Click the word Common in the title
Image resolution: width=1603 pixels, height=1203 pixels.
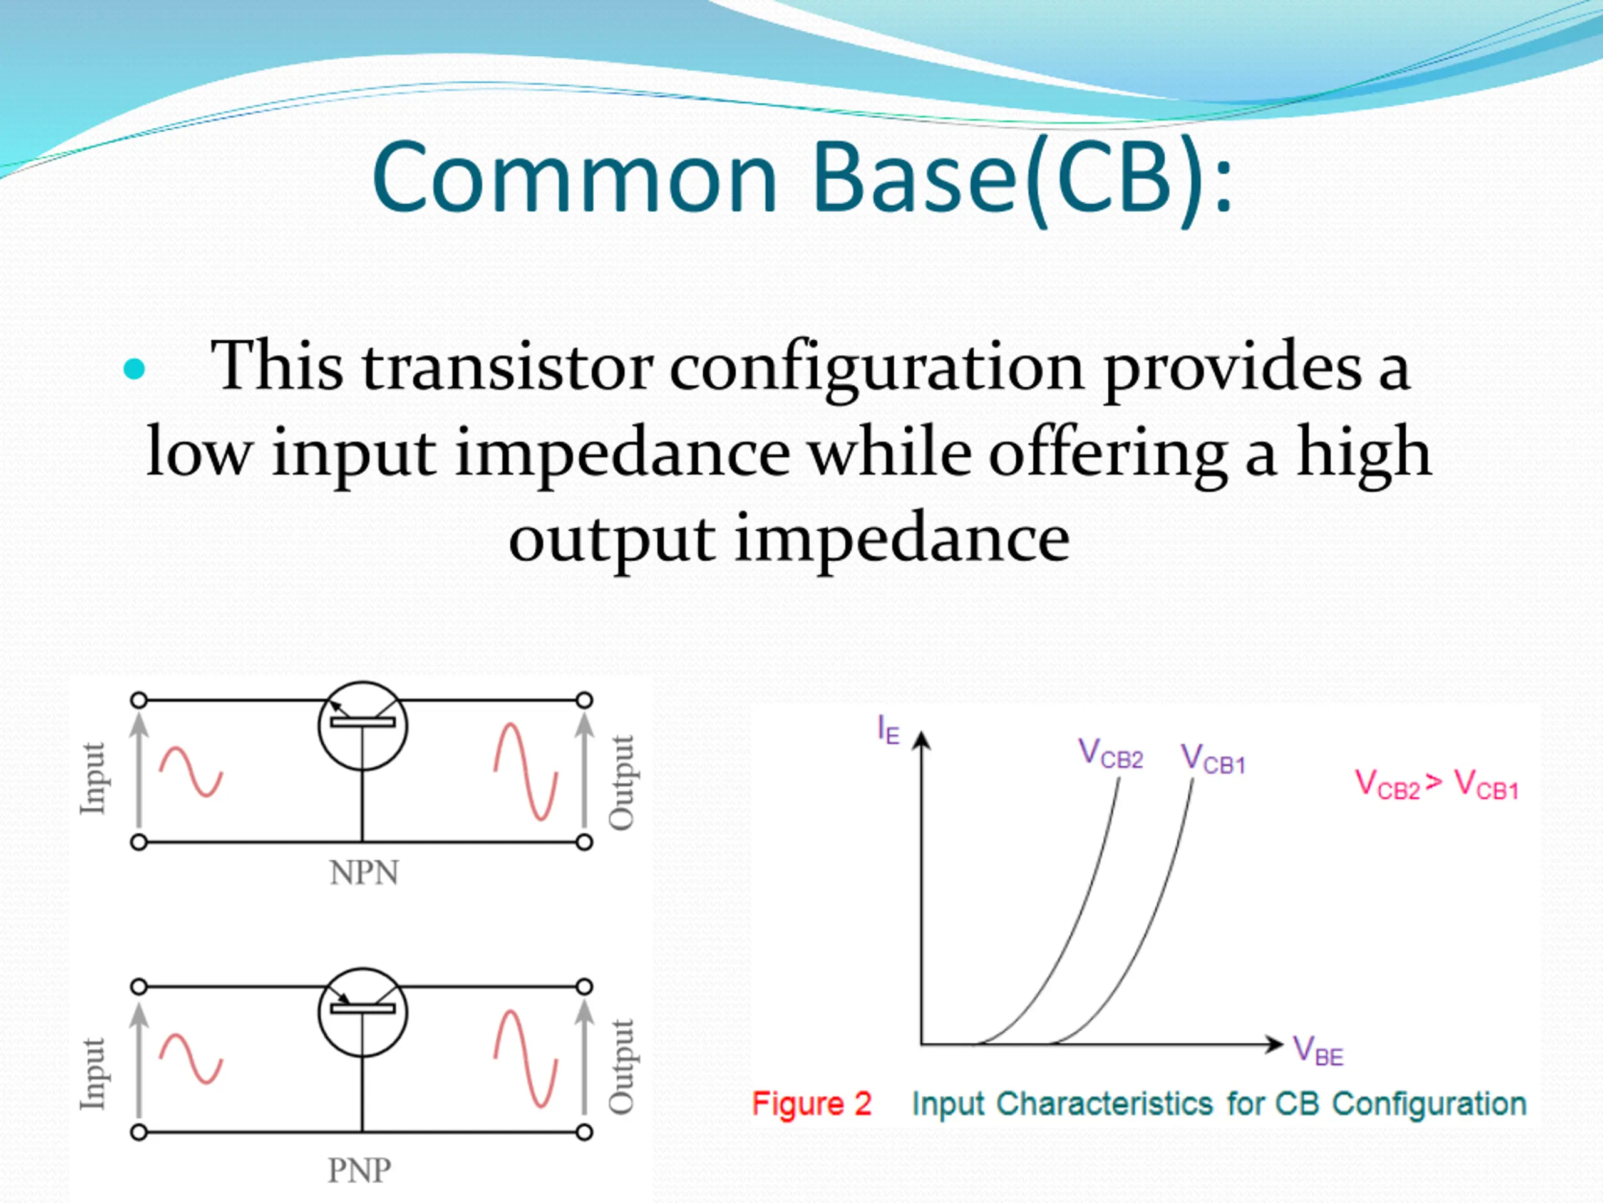pos(575,179)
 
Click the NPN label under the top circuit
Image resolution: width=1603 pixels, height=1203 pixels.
pos(364,872)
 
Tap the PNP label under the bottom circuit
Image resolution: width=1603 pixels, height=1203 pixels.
pos(359,1170)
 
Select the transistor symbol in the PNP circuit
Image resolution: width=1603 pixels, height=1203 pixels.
pos(363,1013)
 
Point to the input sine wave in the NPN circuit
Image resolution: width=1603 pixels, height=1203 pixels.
pos(190,773)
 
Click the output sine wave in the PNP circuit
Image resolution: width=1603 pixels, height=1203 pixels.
pos(526,1059)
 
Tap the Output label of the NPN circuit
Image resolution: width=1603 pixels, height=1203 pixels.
pos(622,783)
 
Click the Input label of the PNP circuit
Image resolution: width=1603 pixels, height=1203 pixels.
pos(93,1073)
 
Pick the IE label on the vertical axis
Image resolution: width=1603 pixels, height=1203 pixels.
pos(888,729)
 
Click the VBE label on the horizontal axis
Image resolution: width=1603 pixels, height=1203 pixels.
pos(1318,1051)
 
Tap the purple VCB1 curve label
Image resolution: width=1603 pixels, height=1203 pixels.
pos(1213,759)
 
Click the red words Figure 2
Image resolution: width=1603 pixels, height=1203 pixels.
pos(812,1103)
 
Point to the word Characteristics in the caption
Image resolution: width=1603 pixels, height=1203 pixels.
pos(1105,1103)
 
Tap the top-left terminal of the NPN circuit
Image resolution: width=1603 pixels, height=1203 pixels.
pos(139,700)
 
